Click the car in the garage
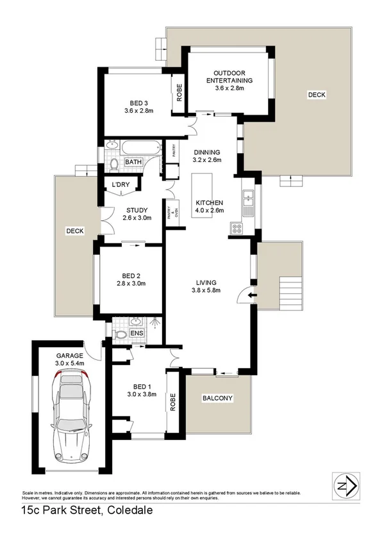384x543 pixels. click(x=70, y=416)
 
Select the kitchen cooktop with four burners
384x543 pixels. click(x=236, y=227)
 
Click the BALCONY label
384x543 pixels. click(x=217, y=398)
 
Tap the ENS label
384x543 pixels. click(x=137, y=333)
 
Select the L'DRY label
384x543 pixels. click(x=121, y=186)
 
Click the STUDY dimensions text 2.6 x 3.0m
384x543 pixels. click(x=137, y=218)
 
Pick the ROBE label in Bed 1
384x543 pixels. click(x=171, y=401)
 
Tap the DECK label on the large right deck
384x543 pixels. click(x=316, y=95)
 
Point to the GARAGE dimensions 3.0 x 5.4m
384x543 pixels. click(x=71, y=364)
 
